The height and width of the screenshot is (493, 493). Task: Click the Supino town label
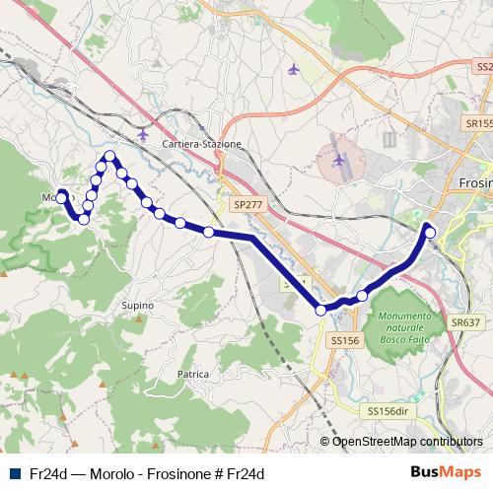tap(137, 306)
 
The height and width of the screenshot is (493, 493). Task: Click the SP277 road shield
tap(248, 204)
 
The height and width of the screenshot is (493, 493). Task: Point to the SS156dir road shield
tap(387, 410)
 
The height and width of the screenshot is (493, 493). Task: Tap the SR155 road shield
tap(477, 124)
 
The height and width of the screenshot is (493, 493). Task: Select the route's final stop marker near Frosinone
tap(429, 233)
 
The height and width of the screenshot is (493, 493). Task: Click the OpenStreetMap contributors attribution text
tap(407, 442)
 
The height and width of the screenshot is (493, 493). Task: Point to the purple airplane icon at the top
tap(293, 70)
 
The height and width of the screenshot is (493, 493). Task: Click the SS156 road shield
tap(341, 340)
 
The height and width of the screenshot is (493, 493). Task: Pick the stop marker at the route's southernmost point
tap(321, 310)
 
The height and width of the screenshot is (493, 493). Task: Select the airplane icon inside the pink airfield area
tap(340, 159)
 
